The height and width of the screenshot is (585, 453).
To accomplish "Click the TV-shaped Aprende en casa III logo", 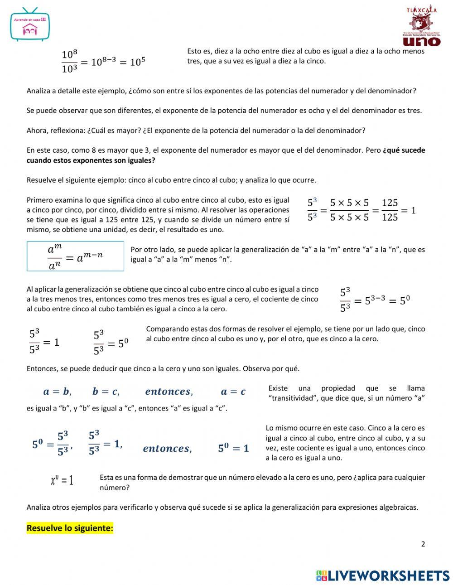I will (x=30, y=25).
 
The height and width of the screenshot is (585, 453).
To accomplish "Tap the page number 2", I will (x=423, y=544).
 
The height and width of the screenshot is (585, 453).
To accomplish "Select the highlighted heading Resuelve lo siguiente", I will (x=70, y=528).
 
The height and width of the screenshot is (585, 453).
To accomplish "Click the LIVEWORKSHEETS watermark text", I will (x=388, y=575).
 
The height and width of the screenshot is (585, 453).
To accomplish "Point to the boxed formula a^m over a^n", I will (x=75, y=256).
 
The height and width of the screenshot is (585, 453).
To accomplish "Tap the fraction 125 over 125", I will (x=390, y=210).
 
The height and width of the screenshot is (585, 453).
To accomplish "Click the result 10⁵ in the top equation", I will (x=138, y=62).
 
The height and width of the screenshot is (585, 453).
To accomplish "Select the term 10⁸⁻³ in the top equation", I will (x=104, y=62).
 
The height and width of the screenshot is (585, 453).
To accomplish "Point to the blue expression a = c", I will (x=233, y=392).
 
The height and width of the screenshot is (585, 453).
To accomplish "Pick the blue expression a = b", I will (x=57, y=392).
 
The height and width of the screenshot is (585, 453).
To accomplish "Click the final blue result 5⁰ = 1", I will (x=233, y=448).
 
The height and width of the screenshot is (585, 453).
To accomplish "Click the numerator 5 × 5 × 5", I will (x=349, y=203).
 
